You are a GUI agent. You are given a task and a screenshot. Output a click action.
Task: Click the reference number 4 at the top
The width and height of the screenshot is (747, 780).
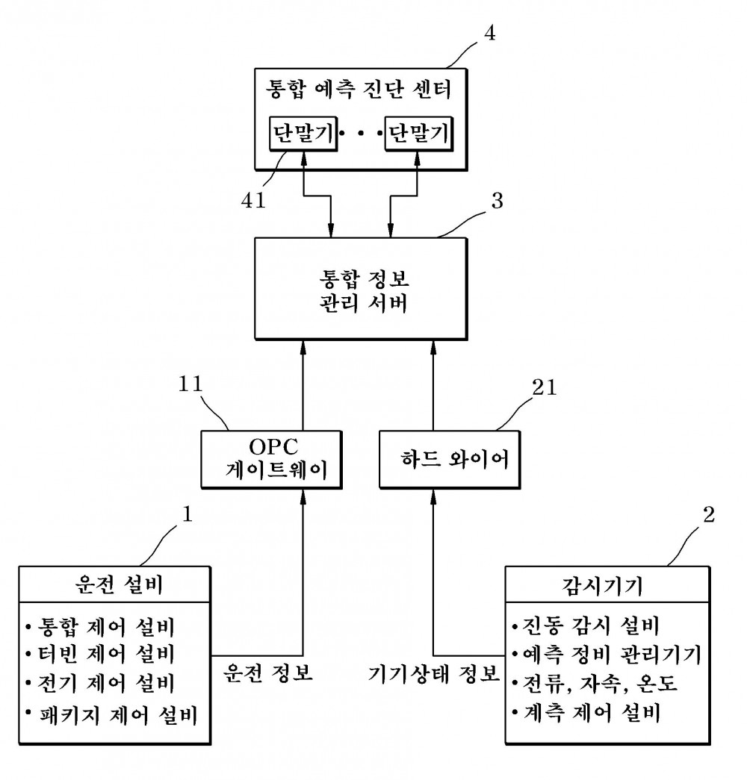490,34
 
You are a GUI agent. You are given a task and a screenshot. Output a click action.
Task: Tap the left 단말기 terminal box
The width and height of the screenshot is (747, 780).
303,134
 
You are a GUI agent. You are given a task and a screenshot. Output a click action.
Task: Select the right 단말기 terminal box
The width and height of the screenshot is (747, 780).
418,134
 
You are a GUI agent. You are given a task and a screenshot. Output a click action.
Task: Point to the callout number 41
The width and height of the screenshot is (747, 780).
253,200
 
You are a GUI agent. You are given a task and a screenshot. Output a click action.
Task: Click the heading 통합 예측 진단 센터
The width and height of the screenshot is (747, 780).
359,90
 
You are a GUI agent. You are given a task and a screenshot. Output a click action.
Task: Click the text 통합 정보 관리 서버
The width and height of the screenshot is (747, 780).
364,291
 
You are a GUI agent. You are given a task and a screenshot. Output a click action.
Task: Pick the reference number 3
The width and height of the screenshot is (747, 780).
497,201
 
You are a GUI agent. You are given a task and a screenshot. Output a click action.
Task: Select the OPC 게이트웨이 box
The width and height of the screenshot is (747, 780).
271,460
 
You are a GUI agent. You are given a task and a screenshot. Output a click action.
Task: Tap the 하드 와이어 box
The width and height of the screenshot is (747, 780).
450,460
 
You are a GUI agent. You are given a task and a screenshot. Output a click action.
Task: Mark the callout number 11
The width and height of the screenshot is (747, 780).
190,384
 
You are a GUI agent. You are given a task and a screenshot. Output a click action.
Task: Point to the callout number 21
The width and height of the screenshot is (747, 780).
544,387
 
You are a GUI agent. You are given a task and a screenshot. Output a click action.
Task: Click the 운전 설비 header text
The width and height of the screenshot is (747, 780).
119,584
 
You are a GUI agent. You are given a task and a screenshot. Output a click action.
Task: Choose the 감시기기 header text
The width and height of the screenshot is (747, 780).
602,586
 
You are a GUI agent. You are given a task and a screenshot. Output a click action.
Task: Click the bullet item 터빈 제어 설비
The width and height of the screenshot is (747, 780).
100,654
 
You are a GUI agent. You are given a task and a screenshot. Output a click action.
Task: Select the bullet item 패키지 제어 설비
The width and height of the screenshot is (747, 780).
111,714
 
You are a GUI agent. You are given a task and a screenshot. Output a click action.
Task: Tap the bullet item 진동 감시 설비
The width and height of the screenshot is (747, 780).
586,625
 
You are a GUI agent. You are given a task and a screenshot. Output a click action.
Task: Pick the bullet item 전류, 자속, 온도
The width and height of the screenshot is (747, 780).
595,683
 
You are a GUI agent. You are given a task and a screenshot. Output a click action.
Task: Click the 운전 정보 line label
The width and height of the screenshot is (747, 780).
268,673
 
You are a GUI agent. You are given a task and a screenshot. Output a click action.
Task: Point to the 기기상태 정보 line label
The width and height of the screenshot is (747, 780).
433,673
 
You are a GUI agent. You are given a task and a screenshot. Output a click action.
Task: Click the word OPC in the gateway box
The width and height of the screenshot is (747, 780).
273,446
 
